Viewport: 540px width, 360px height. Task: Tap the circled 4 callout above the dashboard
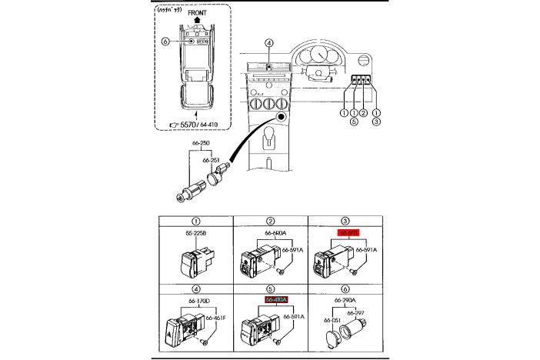268,43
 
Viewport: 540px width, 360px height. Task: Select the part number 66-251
212,161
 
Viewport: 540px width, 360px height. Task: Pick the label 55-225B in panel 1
195,232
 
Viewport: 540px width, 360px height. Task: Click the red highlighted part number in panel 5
276,299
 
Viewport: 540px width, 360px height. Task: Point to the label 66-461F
215,316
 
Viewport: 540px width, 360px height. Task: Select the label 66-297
358,312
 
